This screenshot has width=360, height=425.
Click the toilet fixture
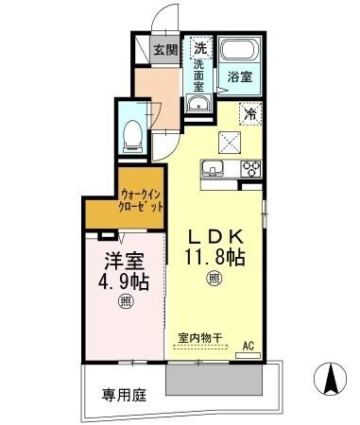pyautogui.click(x=132, y=133)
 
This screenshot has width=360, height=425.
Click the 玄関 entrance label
pyautogui.click(x=166, y=50)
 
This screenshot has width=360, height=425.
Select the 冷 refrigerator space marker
pyautogui.click(x=250, y=114)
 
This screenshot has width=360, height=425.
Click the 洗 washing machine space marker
pyautogui.click(x=200, y=47)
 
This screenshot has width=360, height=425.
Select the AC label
pyautogui.click(x=250, y=345)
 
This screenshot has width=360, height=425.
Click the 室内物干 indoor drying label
pyautogui.click(x=199, y=336)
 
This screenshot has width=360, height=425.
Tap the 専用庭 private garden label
pyautogui.click(x=125, y=397)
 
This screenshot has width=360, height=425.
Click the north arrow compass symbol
pyautogui.click(x=331, y=381)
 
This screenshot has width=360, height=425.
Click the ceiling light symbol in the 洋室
pyautogui.click(x=126, y=302)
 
